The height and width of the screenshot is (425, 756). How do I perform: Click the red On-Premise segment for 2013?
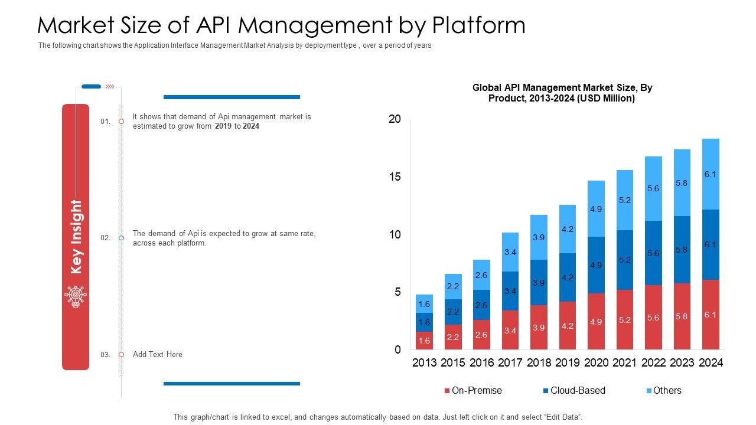(x=424, y=340)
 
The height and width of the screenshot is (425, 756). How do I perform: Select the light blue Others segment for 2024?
(x=711, y=174)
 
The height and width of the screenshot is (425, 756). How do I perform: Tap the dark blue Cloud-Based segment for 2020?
(x=596, y=265)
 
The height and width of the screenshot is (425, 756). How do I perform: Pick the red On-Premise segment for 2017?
(x=510, y=330)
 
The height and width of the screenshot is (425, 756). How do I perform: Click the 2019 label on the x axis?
(x=568, y=363)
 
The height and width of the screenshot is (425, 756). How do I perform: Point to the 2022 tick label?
(x=653, y=363)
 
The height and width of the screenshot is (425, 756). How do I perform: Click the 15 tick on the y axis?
(x=395, y=177)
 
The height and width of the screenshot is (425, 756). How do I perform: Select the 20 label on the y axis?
(x=395, y=119)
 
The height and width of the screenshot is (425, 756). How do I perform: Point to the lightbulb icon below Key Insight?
(x=76, y=296)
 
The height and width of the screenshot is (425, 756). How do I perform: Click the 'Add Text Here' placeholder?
(x=158, y=355)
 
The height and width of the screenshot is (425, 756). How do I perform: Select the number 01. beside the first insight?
(x=105, y=122)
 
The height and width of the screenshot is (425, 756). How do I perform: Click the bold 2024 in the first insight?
(x=251, y=126)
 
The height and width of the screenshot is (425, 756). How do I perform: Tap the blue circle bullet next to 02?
(x=121, y=238)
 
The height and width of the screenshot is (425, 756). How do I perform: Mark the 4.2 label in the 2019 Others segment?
(x=568, y=229)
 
